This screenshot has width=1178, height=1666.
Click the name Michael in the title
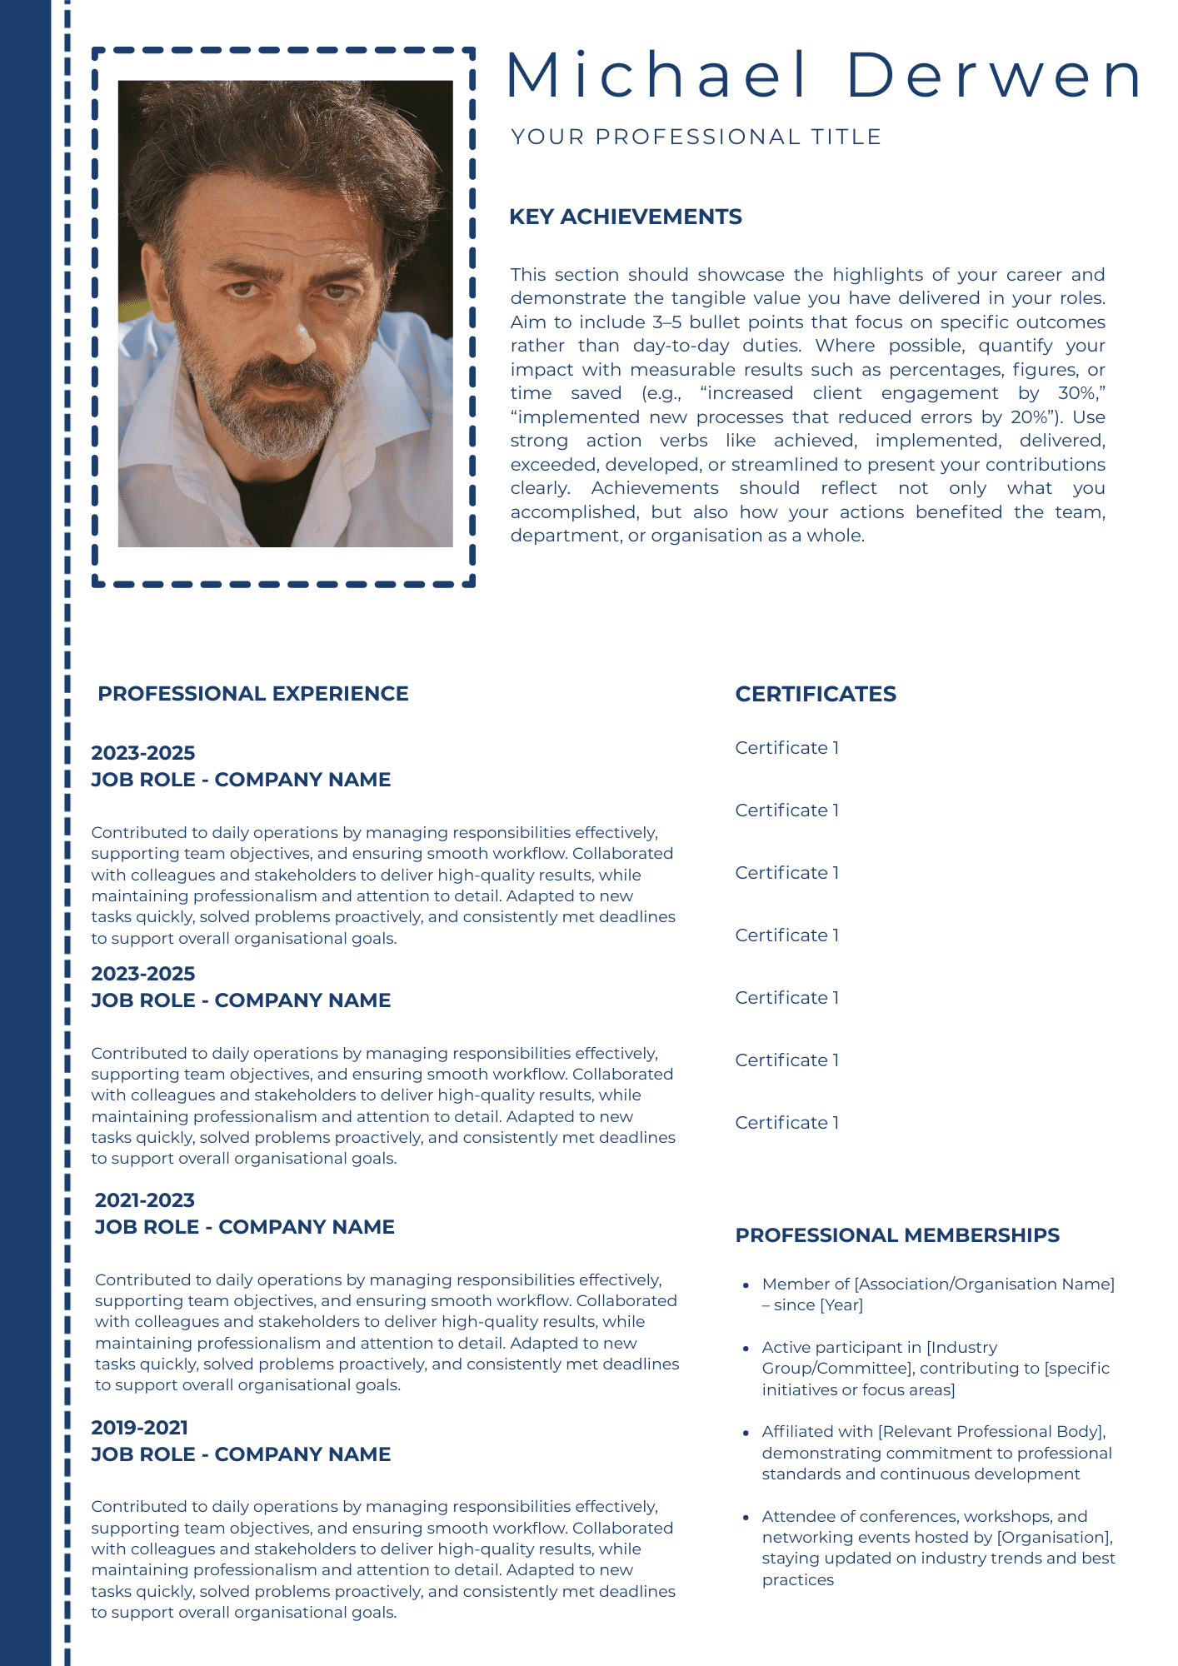point(656,75)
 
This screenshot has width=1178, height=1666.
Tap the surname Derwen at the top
point(995,75)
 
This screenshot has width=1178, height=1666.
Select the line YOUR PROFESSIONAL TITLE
point(696,137)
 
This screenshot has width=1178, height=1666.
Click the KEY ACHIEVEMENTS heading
point(625,217)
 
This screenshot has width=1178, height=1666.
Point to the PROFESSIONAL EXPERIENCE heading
point(252,694)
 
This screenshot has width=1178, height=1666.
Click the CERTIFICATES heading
point(815,694)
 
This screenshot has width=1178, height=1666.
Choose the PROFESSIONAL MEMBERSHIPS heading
point(896,1235)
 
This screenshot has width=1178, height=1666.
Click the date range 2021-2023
point(144,1200)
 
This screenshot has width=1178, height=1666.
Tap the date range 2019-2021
point(139,1427)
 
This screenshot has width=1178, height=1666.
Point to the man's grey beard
point(267,416)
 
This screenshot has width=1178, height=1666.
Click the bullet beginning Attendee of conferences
point(937,1548)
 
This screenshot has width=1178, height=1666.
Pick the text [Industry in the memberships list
point(961,1347)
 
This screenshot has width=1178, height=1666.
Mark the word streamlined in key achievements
point(794,465)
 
